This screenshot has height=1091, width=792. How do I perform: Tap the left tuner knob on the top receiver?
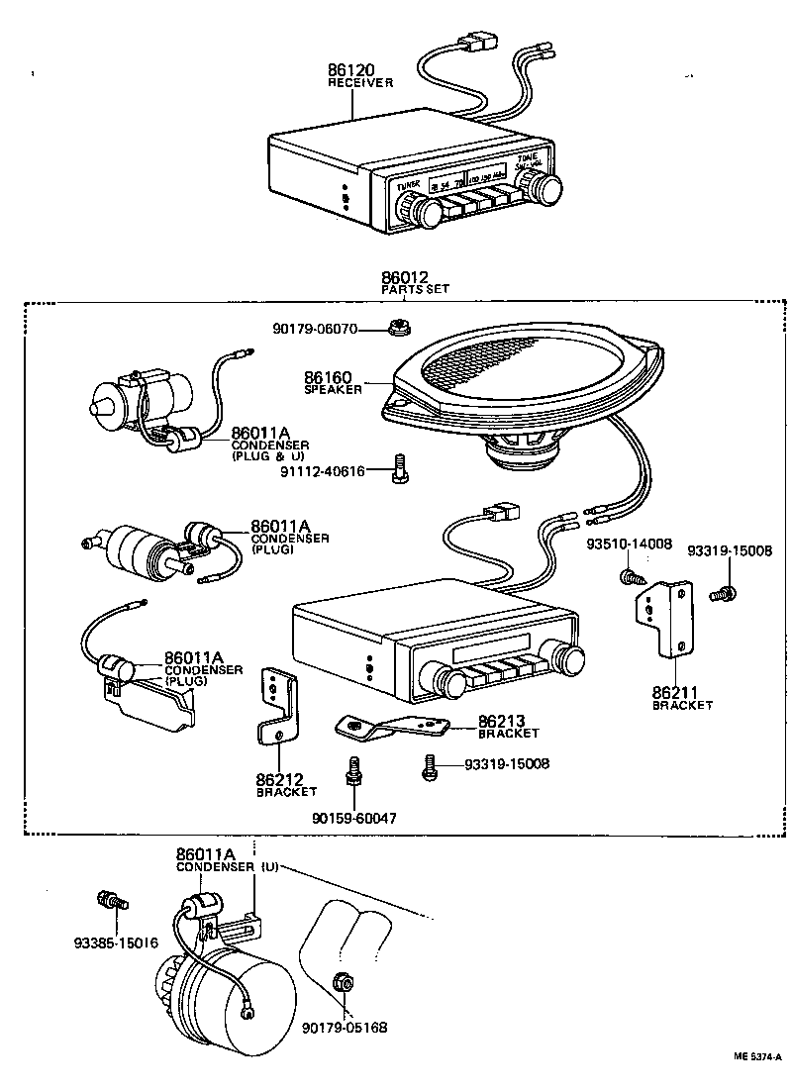point(429,210)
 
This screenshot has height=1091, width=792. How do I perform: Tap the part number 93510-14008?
point(629,544)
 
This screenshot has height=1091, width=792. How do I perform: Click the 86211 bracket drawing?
point(662,618)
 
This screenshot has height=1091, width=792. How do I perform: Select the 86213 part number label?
point(502,722)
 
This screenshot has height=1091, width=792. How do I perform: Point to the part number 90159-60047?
point(353,818)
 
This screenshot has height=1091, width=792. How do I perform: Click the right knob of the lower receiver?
point(569,661)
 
